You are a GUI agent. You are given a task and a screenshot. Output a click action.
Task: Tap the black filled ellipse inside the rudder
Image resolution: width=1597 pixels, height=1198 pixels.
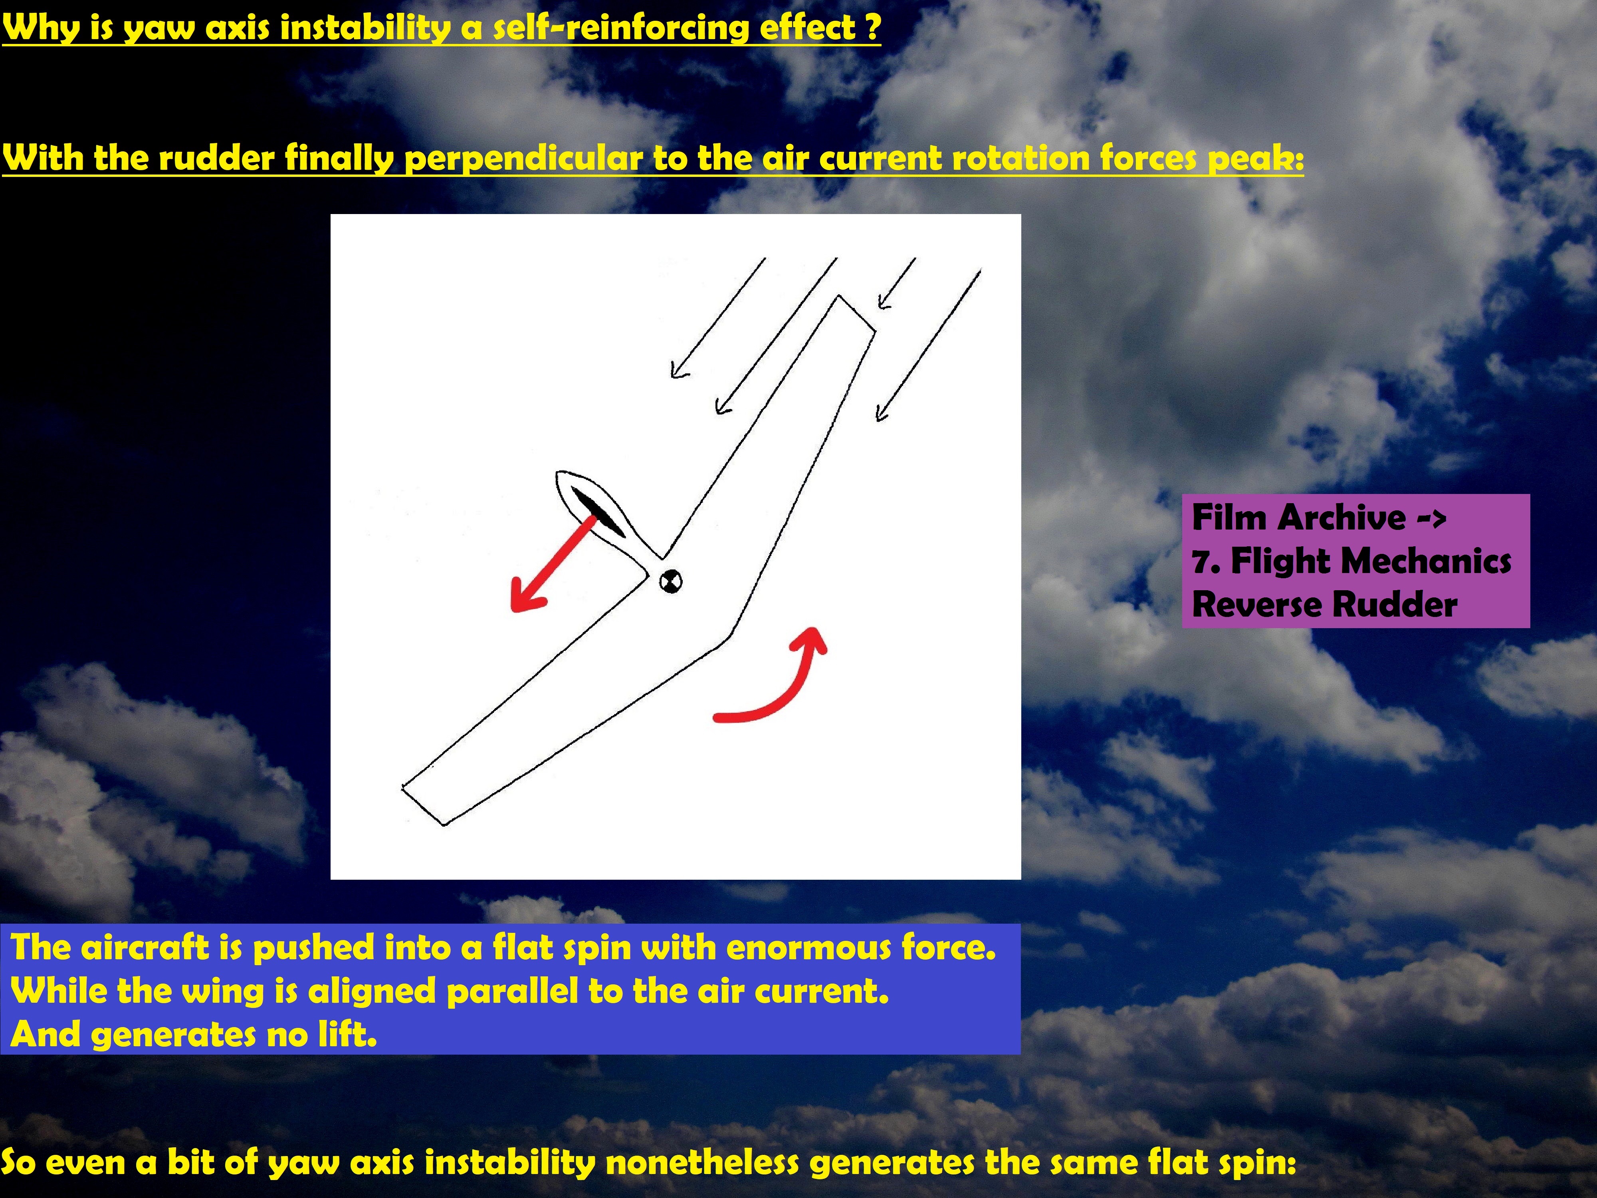point(598,513)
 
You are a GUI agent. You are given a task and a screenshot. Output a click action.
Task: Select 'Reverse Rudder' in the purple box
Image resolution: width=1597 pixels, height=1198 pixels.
point(1324,605)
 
